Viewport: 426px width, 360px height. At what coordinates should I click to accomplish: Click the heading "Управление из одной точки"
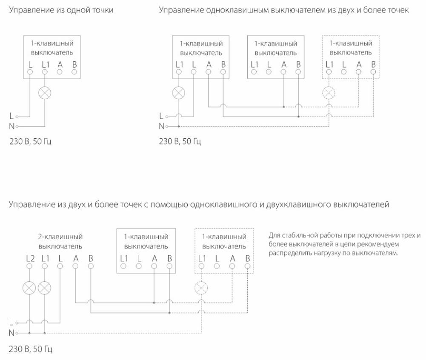click(61, 10)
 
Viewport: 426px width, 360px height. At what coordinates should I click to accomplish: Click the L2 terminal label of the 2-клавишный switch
click(30, 258)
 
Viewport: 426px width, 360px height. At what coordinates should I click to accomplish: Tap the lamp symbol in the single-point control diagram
click(45, 93)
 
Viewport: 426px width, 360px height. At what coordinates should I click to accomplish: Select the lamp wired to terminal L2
click(29, 288)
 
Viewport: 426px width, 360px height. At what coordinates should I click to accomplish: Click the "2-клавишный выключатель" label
click(60, 242)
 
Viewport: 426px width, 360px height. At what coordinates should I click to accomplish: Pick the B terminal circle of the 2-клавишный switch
click(91, 266)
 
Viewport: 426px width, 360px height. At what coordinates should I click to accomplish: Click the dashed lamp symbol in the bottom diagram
click(201, 288)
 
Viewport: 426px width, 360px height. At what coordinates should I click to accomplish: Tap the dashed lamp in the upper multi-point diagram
click(329, 93)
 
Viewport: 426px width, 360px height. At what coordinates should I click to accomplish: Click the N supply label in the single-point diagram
click(11, 126)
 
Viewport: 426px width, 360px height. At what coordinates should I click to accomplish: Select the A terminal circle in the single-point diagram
click(60, 72)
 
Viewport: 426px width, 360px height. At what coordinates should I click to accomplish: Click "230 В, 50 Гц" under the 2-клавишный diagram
click(31, 349)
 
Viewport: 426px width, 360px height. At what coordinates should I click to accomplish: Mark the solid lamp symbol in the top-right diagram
click(178, 93)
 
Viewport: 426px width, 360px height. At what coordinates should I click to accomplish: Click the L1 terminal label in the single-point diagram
click(46, 65)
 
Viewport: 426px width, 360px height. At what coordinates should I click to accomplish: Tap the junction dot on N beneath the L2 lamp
click(29, 333)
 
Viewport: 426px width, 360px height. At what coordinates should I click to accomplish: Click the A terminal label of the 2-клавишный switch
click(76, 258)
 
